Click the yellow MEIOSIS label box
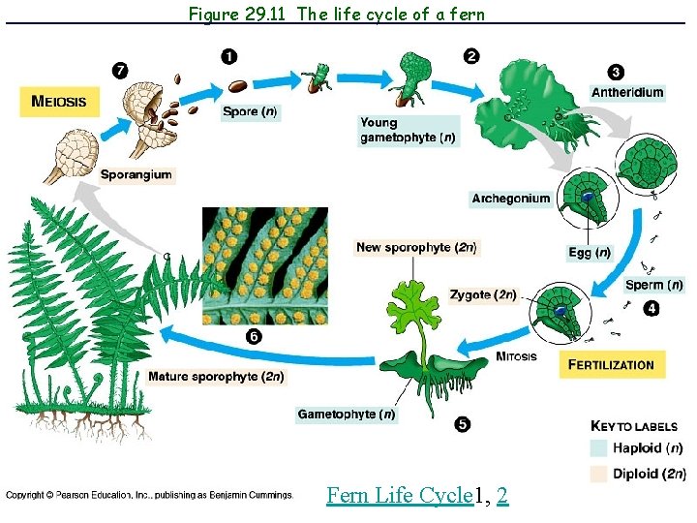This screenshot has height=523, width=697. coord(59,102)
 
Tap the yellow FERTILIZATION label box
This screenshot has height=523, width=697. coord(610,365)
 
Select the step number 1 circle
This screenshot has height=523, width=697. coord(228,56)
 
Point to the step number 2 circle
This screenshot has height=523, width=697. coord(470,56)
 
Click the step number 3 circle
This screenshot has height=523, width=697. coord(617,73)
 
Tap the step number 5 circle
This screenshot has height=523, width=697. coord(462,424)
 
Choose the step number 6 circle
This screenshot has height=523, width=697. coord(254,337)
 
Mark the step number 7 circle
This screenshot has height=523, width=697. coord(120,71)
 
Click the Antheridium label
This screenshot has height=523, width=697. coord(627,93)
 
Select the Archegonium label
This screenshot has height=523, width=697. coord(511,199)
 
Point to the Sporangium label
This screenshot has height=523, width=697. coord(136,174)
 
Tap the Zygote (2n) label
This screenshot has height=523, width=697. coord(483,294)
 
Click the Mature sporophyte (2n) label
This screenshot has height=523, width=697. coord(216,376)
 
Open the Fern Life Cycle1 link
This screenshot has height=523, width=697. coord(400,496)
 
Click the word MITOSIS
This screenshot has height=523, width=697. coord(516,356)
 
